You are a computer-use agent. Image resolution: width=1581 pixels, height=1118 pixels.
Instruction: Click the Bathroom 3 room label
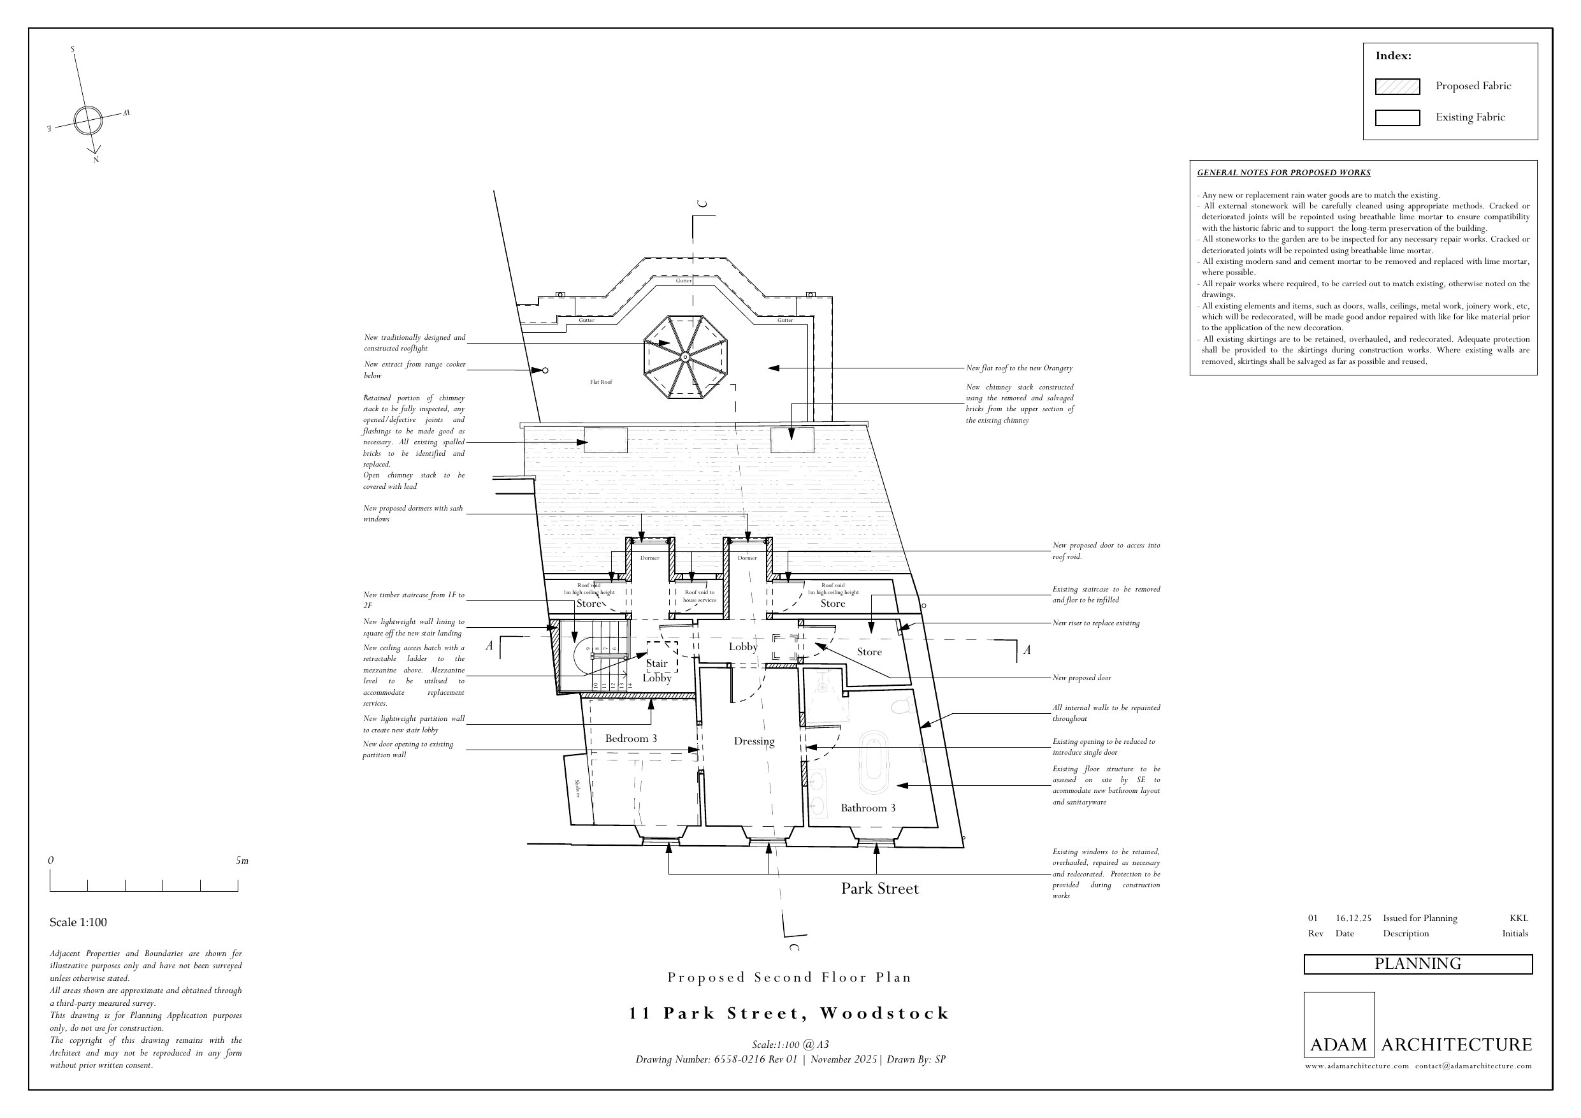click(x=868, y=808)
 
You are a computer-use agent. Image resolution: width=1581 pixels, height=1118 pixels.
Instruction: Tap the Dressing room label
click(x=754, y=741)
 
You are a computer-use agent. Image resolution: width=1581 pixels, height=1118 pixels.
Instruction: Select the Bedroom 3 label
click(x=631, y=739)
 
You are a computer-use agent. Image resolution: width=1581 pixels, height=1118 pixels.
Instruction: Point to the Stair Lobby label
click(x=657, y=671)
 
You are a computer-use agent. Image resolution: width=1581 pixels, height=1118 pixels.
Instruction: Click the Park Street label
click(x=879, y=889)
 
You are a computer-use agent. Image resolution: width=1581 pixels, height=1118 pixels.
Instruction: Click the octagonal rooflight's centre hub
click(x=685, y=357)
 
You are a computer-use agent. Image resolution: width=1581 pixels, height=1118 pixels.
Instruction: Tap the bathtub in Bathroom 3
click(x=874, y=762)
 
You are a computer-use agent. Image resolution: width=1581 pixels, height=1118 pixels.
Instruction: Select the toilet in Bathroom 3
click(x=901, y=706)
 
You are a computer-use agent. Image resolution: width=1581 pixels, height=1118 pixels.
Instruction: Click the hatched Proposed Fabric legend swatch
click(x=1397, y=87)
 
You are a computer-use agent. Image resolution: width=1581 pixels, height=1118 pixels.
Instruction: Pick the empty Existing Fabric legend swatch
click(x=1397, y=118)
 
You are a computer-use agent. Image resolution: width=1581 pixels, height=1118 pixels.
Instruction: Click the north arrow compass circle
click(x=87, y=120)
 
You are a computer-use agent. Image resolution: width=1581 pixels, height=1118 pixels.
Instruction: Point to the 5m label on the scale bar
click(x=242, y=860)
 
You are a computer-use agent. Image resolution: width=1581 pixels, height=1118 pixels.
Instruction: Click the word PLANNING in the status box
click(x=1418, y=964)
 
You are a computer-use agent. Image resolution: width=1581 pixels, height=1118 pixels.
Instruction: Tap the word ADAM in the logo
click(x=1338, y=1045)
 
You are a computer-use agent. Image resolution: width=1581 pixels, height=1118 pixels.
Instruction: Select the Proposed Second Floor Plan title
click(x=789, y=978)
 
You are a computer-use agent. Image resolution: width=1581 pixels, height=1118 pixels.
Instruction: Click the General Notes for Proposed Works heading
click(x=1283, y=173)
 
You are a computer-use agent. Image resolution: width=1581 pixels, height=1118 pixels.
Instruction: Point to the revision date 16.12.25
click(x=1353, y=918)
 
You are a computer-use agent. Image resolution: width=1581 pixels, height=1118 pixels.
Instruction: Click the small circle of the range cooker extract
click(x=545, y=370)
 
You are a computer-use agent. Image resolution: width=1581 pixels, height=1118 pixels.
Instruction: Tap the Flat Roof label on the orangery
click(x=600, y=382)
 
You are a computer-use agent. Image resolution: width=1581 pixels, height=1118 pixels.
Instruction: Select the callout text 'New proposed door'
click(x=1082, y=678)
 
